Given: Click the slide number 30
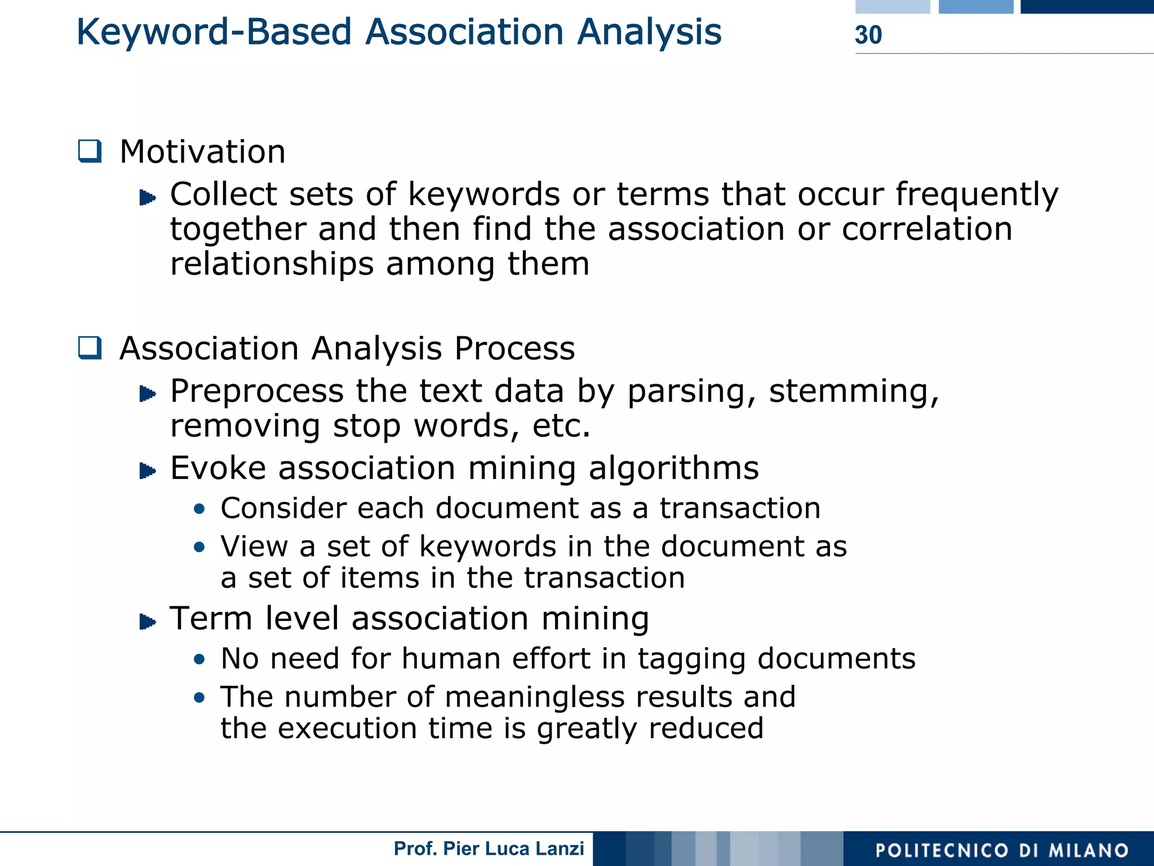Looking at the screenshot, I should (868, 35).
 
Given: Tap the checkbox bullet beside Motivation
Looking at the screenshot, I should (90, 152).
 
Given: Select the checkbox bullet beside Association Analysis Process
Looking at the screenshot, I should (90, 348).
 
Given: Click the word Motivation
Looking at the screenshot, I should (202, 152).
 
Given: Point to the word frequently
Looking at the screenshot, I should (977, 196).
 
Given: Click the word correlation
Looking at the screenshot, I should (927, 229).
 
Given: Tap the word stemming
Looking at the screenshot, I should (854, 391).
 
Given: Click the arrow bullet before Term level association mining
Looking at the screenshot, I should (147, 622).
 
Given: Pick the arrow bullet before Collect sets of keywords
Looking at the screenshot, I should (147, 198).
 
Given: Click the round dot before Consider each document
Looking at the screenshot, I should (199, 509).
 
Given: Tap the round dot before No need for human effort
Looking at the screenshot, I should (199, 660).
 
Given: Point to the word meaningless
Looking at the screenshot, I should (535, 697).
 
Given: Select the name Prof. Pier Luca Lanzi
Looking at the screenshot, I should (489, 849).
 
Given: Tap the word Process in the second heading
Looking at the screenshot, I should (514, 348).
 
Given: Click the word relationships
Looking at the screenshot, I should (272, 264).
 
